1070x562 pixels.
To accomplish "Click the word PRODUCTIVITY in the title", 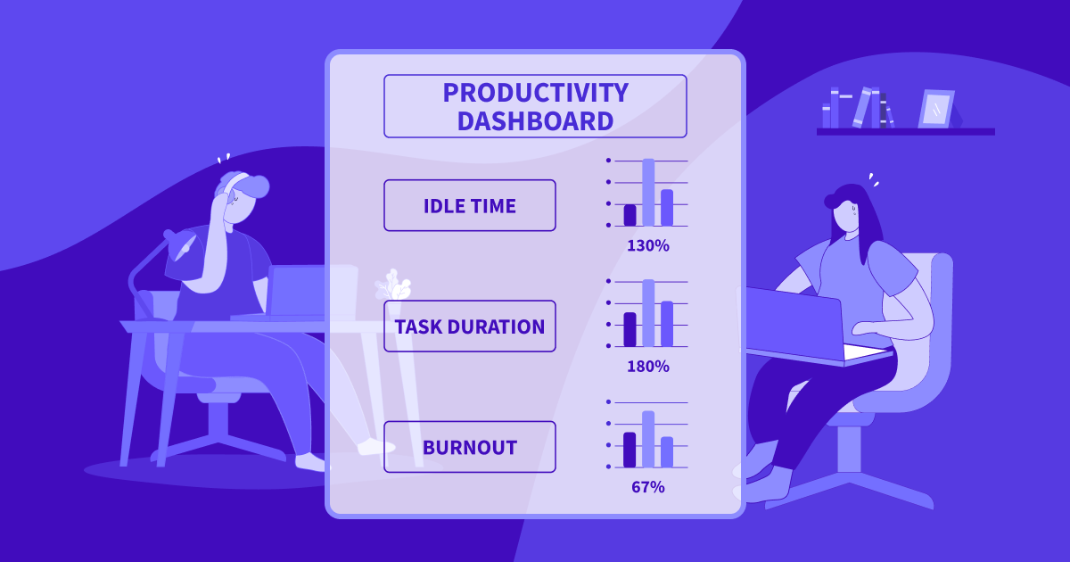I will (535, 93).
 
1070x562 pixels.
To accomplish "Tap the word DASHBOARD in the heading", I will (535, 120).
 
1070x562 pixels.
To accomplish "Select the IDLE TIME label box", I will (469, 206).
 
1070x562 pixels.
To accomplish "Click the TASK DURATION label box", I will (469, 326).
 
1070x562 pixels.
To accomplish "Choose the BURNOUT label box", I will (469, 447).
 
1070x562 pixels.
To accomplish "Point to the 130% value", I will (647, 245).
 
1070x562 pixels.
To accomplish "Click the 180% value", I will (647, 366).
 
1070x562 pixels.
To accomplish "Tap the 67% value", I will (647, 487).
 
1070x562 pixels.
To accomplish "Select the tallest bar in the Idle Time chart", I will (648, 193).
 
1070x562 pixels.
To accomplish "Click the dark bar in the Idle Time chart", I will (630, 215).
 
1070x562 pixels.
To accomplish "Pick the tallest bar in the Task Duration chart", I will (648, 313).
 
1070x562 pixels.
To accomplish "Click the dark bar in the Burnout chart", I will (630, 450).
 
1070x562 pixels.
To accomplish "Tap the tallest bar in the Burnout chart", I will (648, 439).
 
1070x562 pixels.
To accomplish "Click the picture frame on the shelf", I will (936, 109).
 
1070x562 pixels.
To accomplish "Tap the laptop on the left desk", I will (299, 291).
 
